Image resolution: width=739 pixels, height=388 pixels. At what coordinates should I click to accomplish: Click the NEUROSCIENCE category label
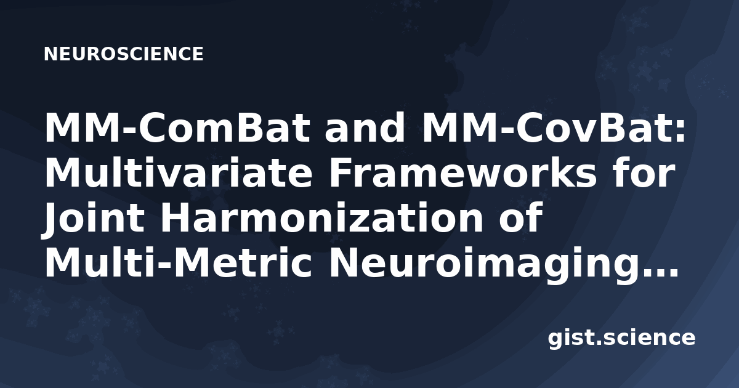point(123,54)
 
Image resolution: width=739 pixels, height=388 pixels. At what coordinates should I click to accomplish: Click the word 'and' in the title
point(365,128)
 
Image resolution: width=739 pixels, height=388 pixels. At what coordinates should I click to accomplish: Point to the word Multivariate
point(178,173)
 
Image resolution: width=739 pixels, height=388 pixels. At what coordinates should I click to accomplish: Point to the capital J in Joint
point(54,220)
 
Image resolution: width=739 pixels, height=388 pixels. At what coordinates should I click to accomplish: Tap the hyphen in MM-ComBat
point(127,131)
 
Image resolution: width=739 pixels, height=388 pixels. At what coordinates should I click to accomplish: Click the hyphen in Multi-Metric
point(164,267)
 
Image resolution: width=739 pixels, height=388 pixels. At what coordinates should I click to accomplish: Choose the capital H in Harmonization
point(176,218)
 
